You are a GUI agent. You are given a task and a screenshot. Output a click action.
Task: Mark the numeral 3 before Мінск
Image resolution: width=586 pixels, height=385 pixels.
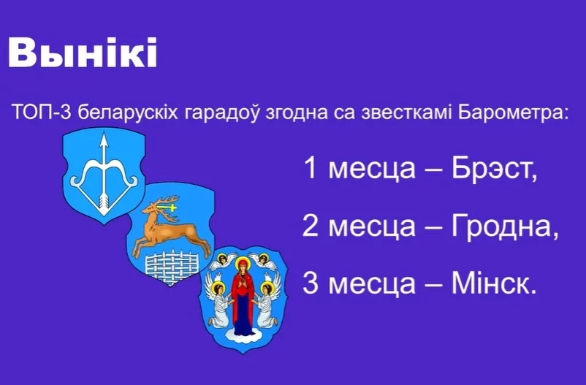[x=311, y=283]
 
